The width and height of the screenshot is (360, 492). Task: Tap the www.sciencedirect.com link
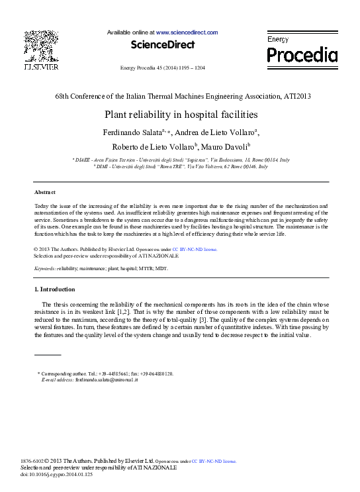(x=187, y=32)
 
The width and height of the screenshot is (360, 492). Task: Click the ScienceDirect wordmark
(x=162, y=45)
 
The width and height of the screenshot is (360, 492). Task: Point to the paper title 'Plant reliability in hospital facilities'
(x=181, y=114)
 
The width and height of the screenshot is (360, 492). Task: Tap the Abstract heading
(x=44, y=191)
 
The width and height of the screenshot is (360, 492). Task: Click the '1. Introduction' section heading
(x=54, y=289)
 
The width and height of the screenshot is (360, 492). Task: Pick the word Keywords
(x=44, y=268)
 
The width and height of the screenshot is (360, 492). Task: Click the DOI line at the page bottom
(x=58, y=475)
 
